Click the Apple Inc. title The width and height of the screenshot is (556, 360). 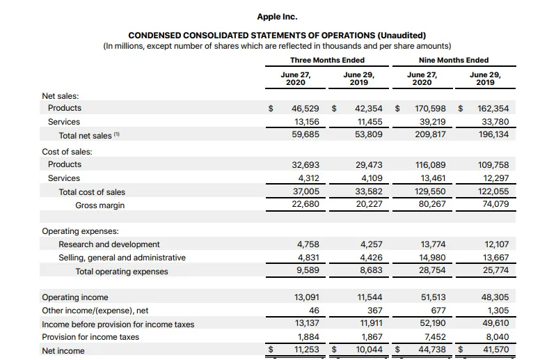pyautogui.click(x=278, y=17)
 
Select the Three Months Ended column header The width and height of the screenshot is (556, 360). pyautogui.click(x=327, y=60)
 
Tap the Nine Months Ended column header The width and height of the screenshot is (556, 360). pyautogui.click(x=454, y=60)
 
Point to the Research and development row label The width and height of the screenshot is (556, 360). pyautogui.click(x=109, y=244)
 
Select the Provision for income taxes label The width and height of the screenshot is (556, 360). pyautogui.click(x=90, y=337)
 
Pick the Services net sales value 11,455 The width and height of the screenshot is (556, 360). pyautogui.click(x=370, y=122)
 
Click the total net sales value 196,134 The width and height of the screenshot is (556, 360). pyautogui.click(x=493, y=135)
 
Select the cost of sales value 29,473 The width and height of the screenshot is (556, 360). pyautogui.click(x=370, y=165)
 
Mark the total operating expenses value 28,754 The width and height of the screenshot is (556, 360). pyautogui.click(x=433, y=271)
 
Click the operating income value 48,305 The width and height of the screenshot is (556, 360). pyautogui.click(x=495, y=297)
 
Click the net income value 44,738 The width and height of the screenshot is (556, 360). pyautogui.click(x=432, y=350)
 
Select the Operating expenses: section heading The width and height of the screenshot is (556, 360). pyautogui.click(x=80, y=231)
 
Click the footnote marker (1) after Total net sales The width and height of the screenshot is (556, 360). pyautogui.click(x=116, y=134)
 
